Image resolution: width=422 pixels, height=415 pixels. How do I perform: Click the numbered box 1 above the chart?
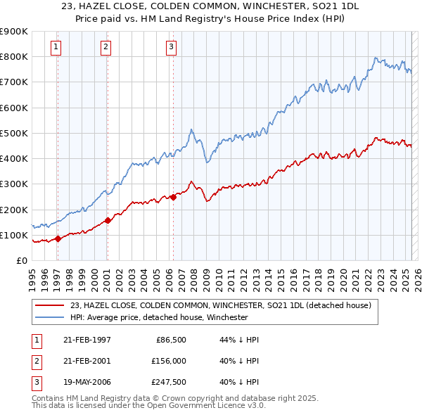click(56, 47)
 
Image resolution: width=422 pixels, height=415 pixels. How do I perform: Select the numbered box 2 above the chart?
click(105, 47)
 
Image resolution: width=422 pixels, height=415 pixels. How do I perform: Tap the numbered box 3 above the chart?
click(171, 47)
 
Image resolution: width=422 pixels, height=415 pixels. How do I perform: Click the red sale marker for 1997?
click(58, 238)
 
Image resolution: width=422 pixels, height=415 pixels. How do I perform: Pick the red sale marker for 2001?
click(108, 220)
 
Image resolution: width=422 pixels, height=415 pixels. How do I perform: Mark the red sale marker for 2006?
click(173, 197)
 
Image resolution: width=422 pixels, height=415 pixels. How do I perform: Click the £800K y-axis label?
click(13, 56)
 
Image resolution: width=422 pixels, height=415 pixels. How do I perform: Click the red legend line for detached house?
click(51, 305)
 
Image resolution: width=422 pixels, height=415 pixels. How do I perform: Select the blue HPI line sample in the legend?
click(51, 317)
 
